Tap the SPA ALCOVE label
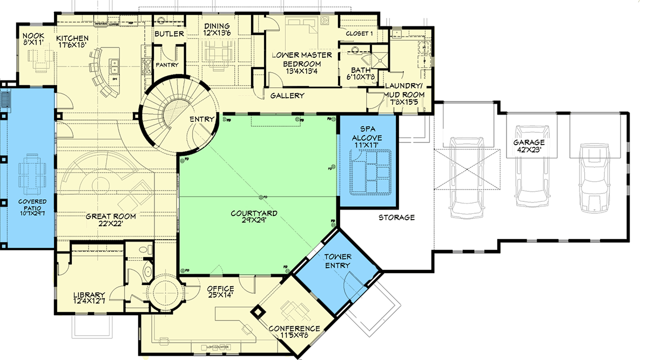coord(368,133)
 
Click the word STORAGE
coord(396,218)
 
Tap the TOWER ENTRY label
coord(337,261)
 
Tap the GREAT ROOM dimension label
coord(111,220)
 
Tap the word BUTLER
coord(169,34)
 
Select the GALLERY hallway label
coord(287,96)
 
